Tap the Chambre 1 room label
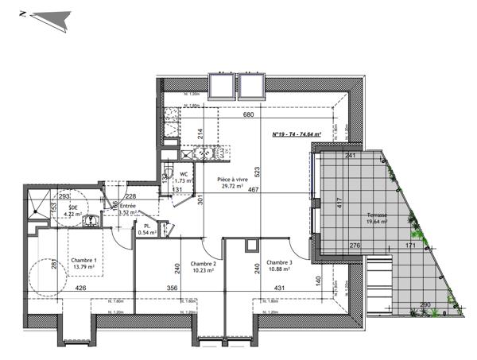pyautogui.click(x=83, y=261)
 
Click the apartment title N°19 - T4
pyautogui.click(x=296, y=135)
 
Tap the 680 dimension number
pyautogui.click(x=248, y=116)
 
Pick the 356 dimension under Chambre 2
pyautogui.click(x=172, y=288)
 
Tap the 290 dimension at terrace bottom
pyautogui.click(x=425, y=304)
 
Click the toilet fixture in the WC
pyautogui.click(x=169, y=176)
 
